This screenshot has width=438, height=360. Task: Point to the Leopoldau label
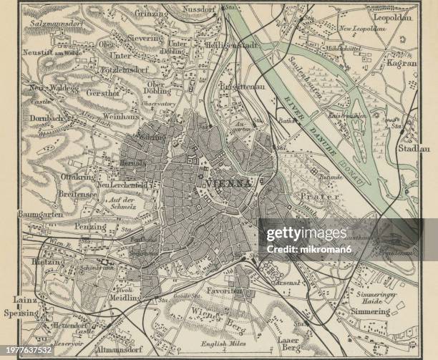click(x=392, y=16)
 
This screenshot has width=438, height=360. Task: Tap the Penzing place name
click(x=92, y=227)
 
